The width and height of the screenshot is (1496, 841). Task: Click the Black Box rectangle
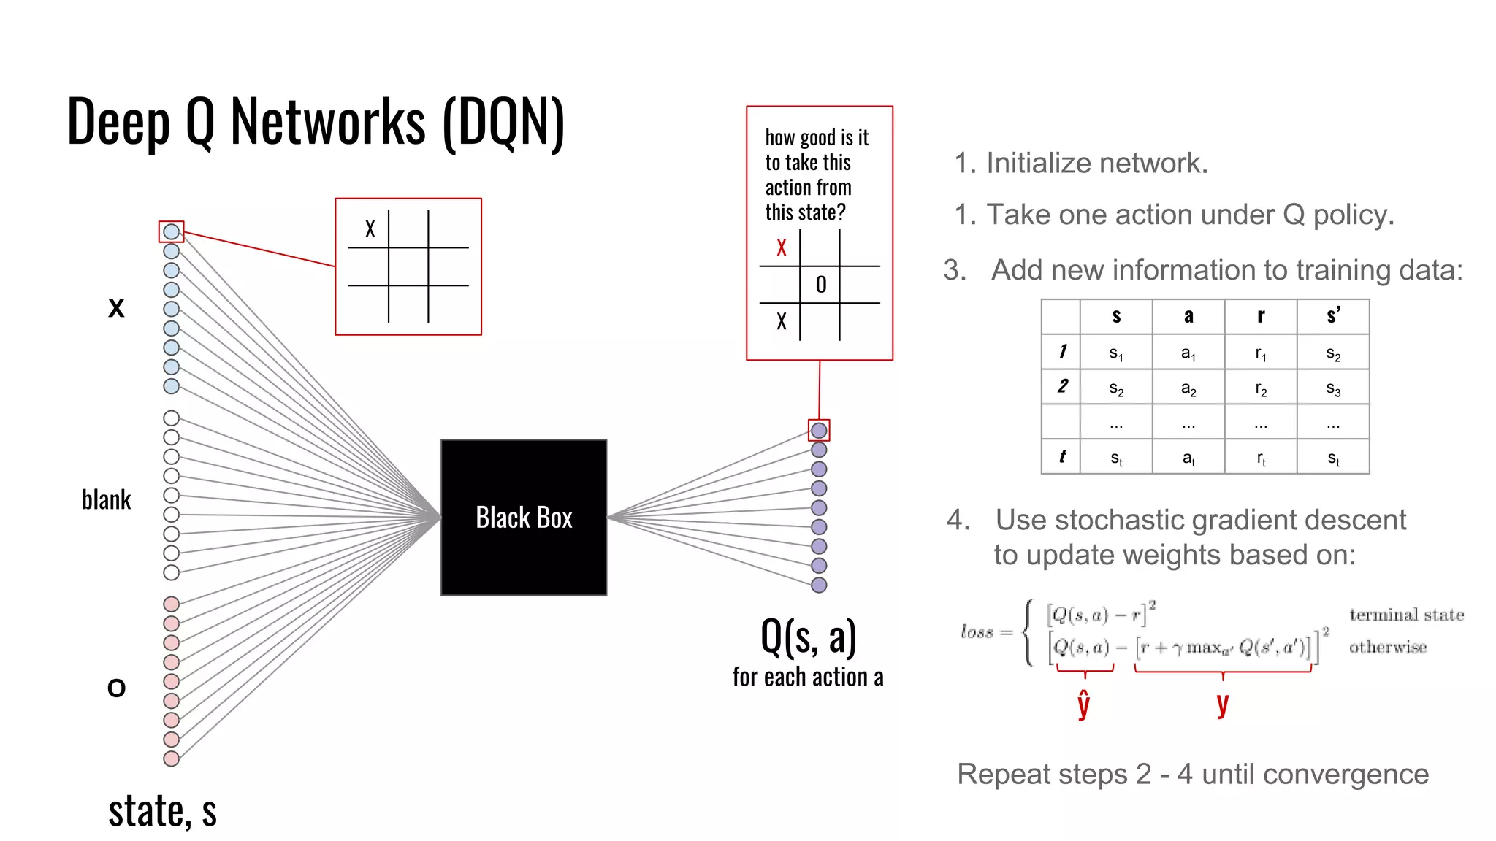coord(524,517)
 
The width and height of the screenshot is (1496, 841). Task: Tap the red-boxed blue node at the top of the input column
coord(171,231)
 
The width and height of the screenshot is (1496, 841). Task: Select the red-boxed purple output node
coord(819,430)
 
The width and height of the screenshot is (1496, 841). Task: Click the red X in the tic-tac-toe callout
coord(782,247)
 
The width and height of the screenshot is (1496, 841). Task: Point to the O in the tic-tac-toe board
coord(821,285)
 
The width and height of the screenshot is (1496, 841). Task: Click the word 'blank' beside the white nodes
coord(106,500)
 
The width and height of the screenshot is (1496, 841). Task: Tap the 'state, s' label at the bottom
coord(162,811)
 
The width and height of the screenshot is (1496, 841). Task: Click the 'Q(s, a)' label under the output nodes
coord(808,637)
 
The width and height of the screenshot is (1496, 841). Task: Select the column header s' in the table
coord(1333,315)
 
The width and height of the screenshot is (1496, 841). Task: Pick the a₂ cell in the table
coord(1188,388)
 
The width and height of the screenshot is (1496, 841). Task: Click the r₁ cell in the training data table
coord(1261,353)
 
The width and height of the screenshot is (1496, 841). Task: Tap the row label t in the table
coord(1061,457)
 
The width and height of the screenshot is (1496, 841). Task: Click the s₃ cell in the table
coord(1333,388)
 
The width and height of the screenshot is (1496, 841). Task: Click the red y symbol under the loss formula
coord(1223,704)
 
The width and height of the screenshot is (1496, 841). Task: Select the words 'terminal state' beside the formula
coord(1406,615)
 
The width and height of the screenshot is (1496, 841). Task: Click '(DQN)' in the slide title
coord(504,122)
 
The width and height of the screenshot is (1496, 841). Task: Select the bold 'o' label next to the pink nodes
coord(116,687)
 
